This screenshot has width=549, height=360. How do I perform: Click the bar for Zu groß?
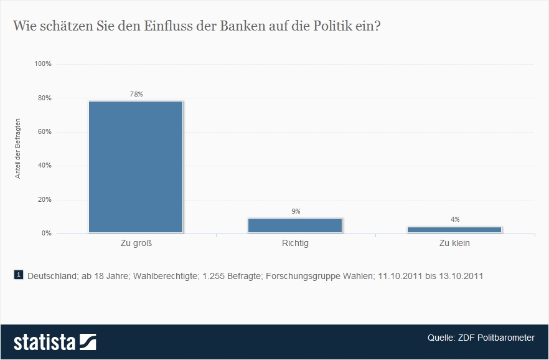(x=136, y=167)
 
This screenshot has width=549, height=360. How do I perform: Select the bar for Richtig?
(x=295, y=225)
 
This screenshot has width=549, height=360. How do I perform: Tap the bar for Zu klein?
(x=454, y=230)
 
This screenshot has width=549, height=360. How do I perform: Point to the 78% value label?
(x=136, y=94)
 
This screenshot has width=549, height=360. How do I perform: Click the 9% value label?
(x=296, y=211)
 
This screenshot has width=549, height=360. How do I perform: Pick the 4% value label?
(x=455, y=219)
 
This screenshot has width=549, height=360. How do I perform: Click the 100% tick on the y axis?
(x=43, y=64)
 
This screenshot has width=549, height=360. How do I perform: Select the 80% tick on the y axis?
(x=44, y=98)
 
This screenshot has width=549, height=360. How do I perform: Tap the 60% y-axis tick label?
(x=44, y=132)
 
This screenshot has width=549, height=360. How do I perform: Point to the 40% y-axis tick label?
(x=44, y=166)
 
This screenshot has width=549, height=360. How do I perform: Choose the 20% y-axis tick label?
(x=44, y=200)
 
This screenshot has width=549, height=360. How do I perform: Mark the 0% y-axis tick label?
(x=46, y=234)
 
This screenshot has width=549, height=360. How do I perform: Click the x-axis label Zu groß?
(x=136, y=244)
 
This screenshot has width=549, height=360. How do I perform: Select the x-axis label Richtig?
(x=295, y=244)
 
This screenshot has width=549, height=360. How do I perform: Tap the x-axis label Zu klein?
(x=454, y=244)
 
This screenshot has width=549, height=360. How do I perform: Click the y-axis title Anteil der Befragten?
(x=18, y=148)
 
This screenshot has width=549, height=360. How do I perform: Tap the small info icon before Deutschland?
(x=18, y=274)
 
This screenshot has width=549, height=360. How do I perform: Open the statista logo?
(x=55, y=342)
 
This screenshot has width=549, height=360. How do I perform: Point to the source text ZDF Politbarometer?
(x=496, y=338)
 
